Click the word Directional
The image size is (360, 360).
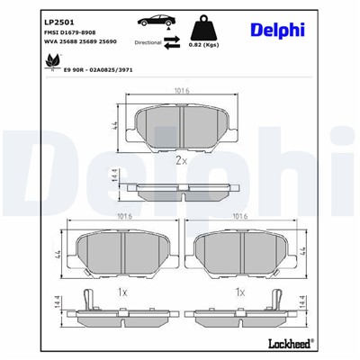(148, 41)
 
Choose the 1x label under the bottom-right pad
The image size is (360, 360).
(238, 292)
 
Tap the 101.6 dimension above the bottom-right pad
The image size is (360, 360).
(239, 217)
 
